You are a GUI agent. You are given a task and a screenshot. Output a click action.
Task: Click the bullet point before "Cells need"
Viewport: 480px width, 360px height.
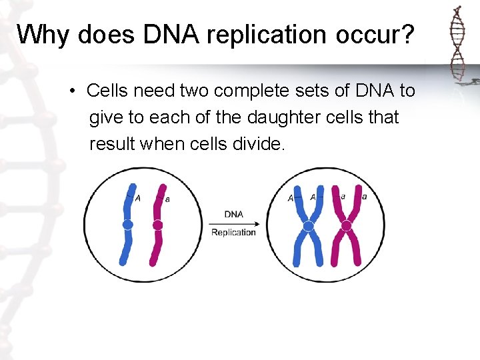(x=71, y=91)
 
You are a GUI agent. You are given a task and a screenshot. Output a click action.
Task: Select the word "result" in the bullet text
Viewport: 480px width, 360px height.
(x=112, y=144)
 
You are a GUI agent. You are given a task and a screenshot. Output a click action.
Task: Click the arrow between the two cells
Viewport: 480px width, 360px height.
(x=233, y=223)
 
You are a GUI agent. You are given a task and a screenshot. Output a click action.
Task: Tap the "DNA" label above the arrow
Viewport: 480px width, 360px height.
(x=233, y=214)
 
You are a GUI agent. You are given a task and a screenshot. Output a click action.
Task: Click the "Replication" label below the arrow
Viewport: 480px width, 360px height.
(x=233, y=232)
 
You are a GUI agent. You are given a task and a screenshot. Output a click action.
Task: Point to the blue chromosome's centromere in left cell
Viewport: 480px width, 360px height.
(x=127, y=225)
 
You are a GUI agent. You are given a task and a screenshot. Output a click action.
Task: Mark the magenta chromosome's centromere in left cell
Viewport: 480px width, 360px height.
(x=157, y=225)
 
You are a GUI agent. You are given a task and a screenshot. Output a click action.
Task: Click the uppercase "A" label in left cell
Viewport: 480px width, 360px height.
(x=138, y=198)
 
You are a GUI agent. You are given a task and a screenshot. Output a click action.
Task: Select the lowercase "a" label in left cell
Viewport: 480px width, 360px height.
(x=167, y=199)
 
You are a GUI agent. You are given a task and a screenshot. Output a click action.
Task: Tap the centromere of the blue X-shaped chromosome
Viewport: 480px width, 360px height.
(x=308, y=226)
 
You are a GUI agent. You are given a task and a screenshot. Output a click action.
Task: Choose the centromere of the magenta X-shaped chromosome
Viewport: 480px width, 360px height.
(x=347, y=226)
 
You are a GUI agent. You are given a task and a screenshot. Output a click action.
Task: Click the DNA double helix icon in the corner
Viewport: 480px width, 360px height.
(x=457, y=47)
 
